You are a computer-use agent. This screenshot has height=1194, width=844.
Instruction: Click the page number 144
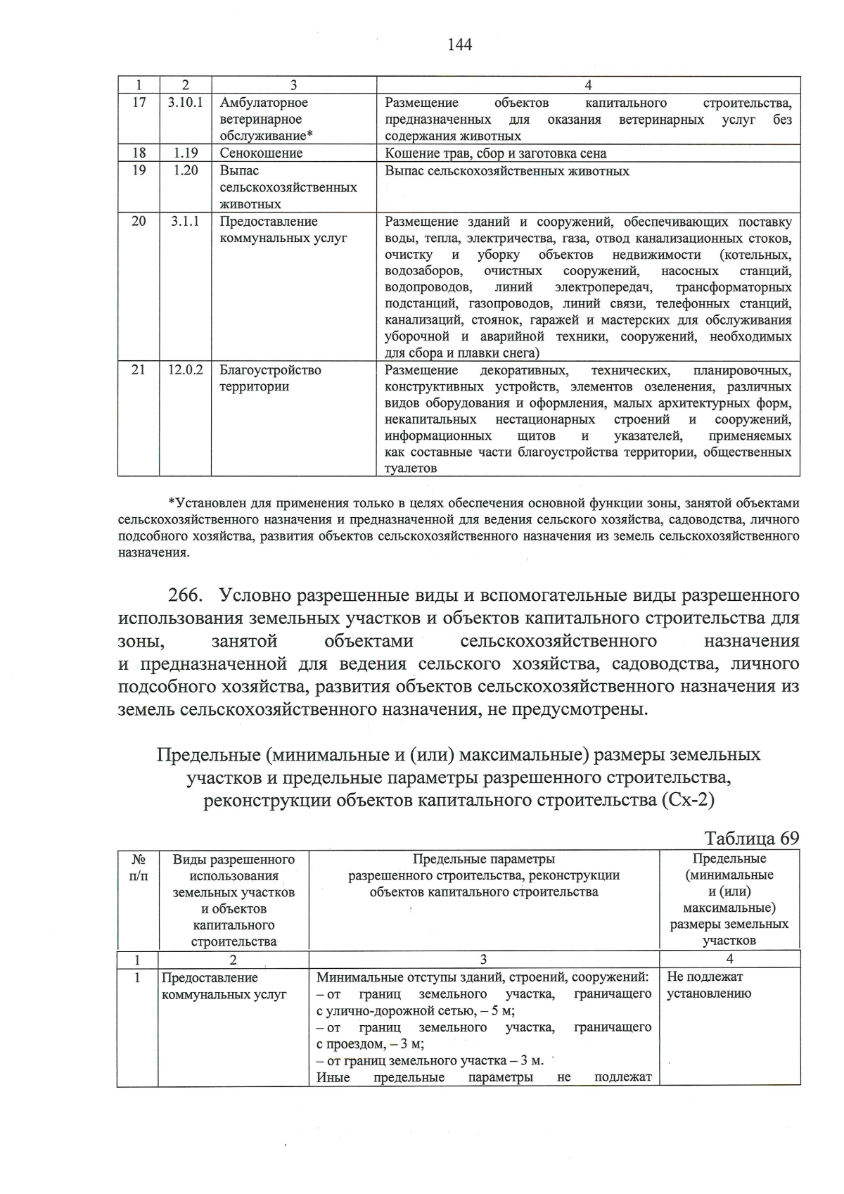coord(459,45)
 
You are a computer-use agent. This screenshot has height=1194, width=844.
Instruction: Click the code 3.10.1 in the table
coord(186,103)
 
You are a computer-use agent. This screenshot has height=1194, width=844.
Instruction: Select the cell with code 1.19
coord(186,153)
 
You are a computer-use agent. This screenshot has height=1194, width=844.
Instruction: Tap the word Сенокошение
coord(261,153)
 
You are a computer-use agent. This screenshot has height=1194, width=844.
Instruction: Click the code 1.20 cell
coord(186,170)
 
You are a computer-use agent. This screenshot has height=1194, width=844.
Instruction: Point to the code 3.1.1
coord(186,221)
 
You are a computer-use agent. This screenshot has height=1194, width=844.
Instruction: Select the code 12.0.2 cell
coord(186,369)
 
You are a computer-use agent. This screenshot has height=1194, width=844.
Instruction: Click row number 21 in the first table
coord(139,369)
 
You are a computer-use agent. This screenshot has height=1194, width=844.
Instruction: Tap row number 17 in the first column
coord(139,103)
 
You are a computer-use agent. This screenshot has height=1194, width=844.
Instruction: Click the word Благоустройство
coord(270,370)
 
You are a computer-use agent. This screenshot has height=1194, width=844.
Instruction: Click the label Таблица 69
coord(751,839)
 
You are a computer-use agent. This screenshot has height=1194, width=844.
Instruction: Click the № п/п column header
coord(139,867)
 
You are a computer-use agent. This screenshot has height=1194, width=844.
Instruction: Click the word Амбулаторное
coord(264,103)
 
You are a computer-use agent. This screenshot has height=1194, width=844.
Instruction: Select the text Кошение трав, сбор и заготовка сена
coord(495,153)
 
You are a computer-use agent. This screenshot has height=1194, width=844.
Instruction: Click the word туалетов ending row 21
coord(411,469)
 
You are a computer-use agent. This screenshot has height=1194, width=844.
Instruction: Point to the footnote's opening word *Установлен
coord(205,503)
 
